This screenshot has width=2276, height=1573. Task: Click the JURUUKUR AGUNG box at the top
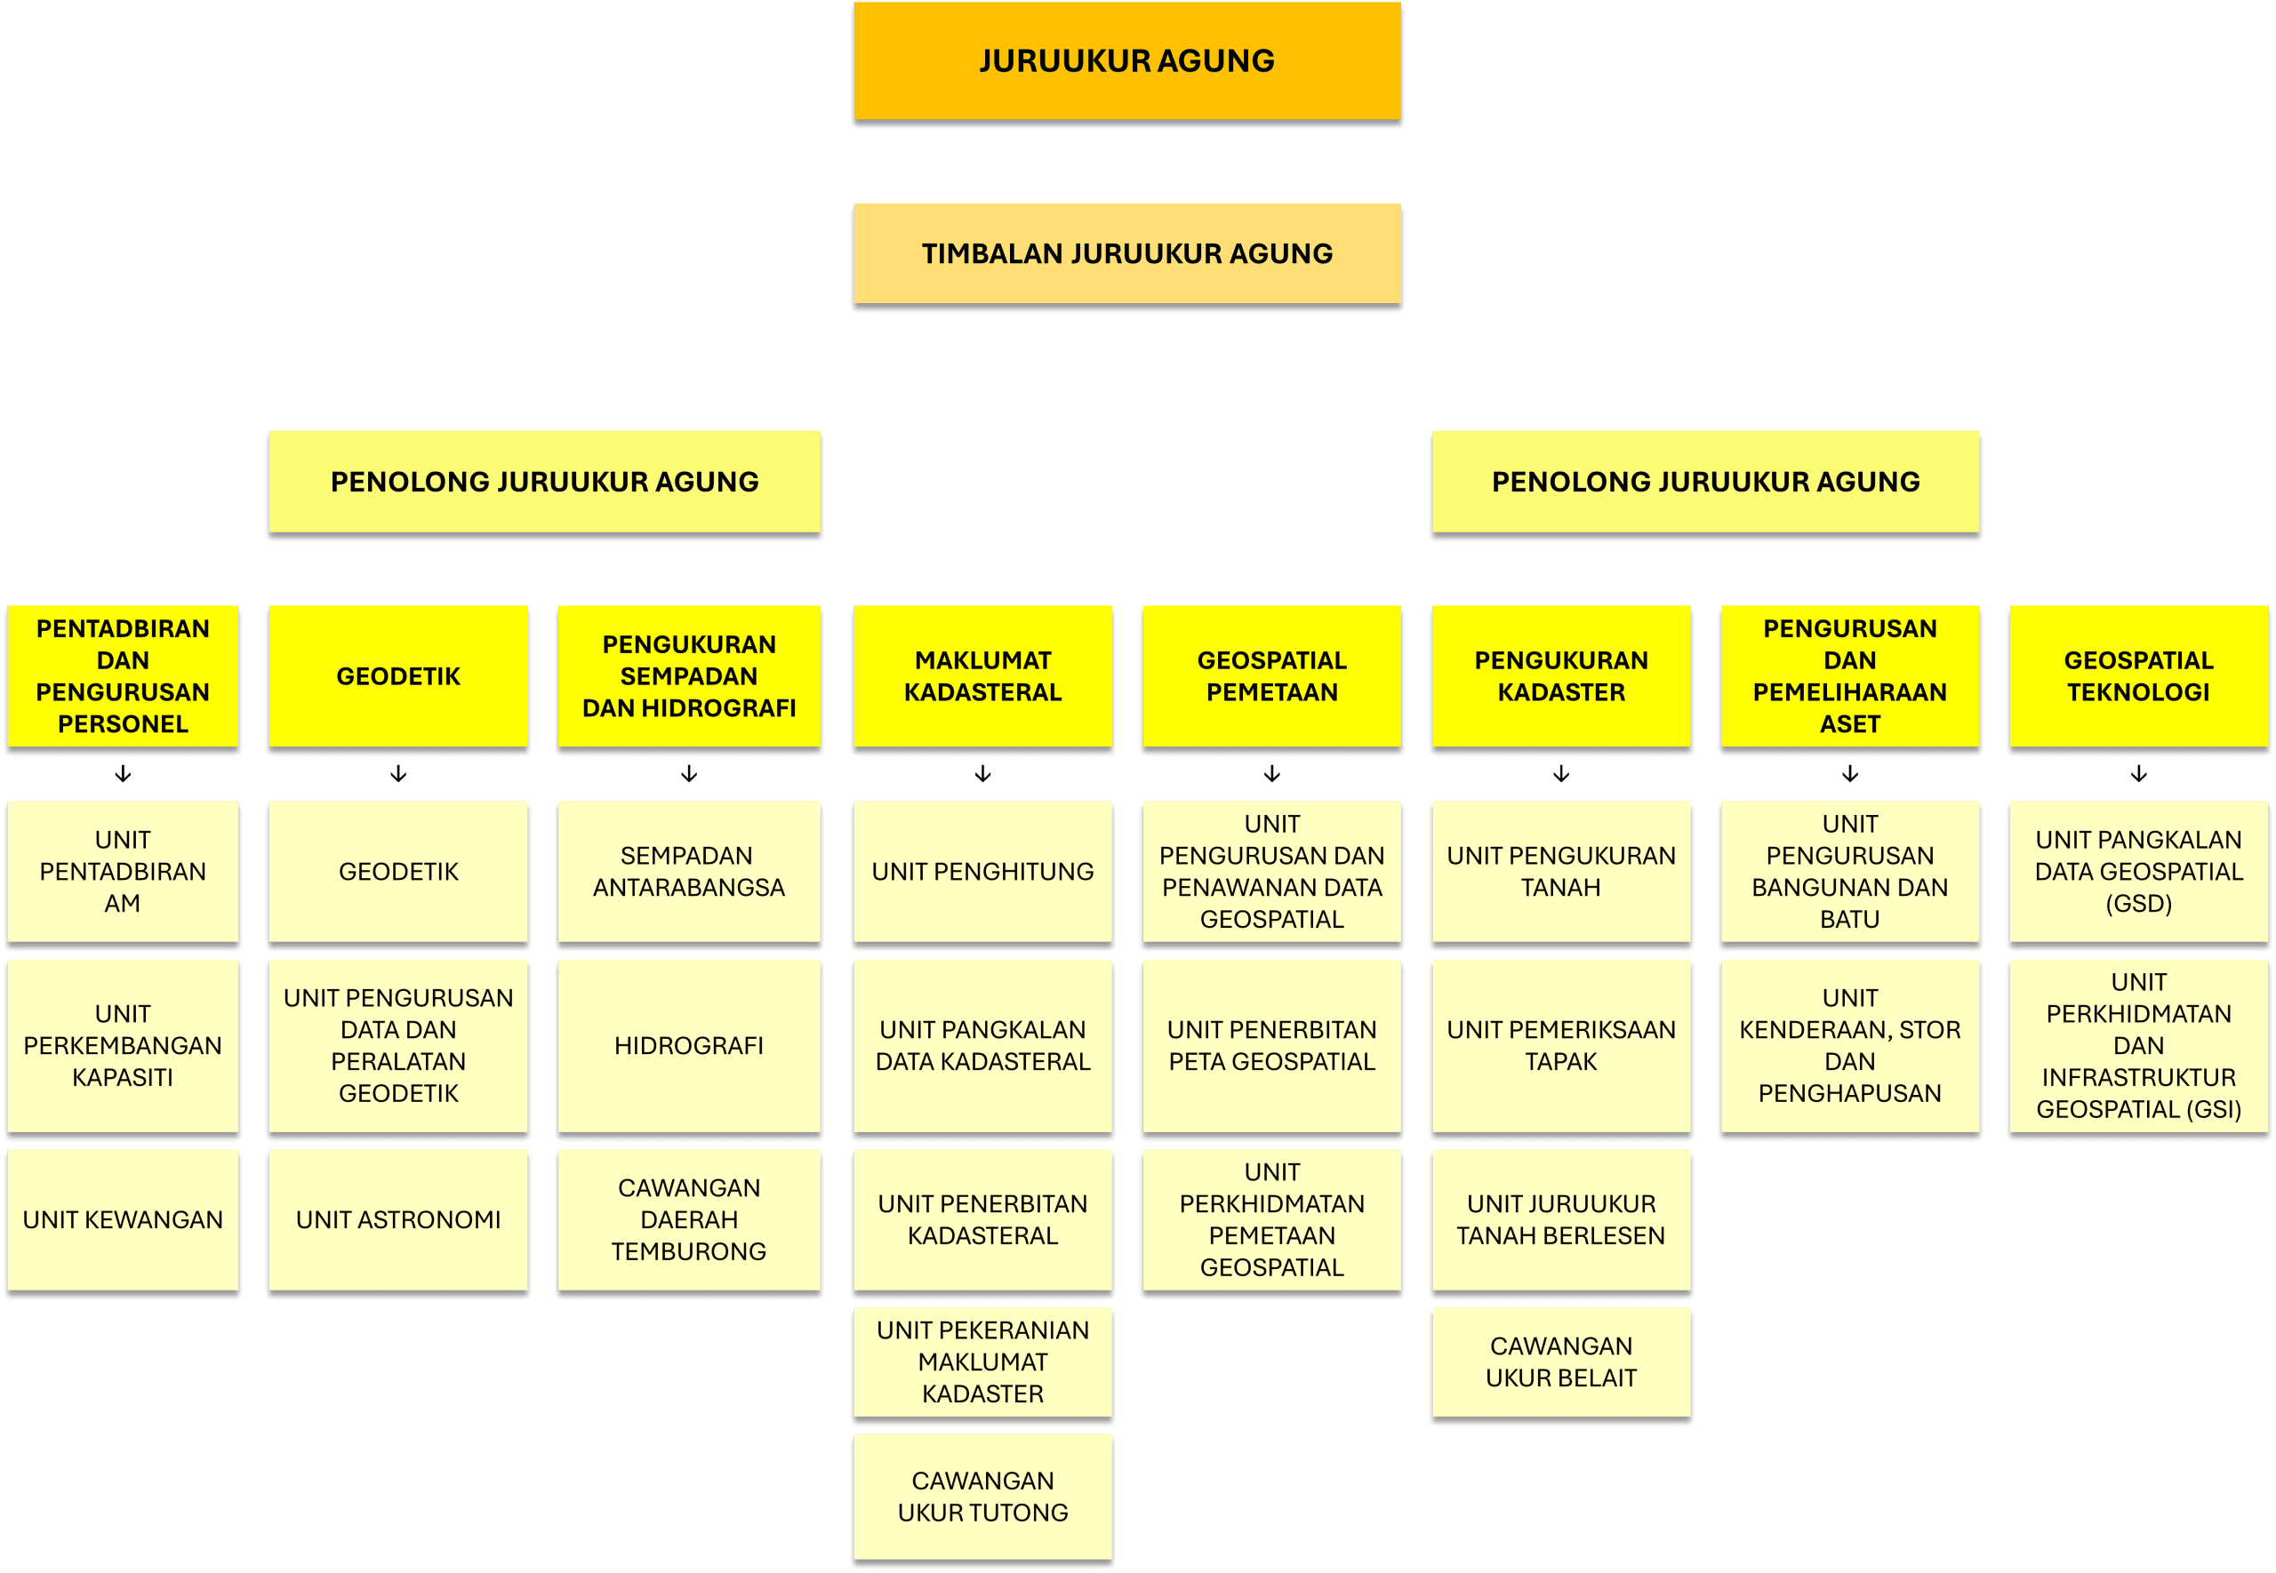point(1126,61)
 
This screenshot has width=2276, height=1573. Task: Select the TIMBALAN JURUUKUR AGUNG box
point(1126,253)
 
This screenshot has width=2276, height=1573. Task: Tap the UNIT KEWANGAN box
point(124,1220)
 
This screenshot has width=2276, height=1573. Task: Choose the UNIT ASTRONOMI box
point(398,1220)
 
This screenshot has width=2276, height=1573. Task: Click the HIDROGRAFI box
point(689,1046)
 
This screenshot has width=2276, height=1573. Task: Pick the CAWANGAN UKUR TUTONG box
point(982,1496)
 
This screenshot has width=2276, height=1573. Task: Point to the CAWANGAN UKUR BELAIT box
point(1561,1362)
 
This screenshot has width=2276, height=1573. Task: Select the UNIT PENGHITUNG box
point(982,871)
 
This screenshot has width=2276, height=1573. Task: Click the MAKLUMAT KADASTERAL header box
point(982,676)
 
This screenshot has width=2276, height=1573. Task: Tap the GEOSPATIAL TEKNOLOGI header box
point(2139,676)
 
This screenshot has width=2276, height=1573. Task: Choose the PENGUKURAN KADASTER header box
point(1561,676)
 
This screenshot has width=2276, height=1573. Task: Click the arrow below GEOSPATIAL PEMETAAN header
point(1272,774)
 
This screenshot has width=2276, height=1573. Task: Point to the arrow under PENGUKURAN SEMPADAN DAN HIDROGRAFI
point(689,774)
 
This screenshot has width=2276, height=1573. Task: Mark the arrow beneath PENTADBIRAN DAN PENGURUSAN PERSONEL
point(124,774)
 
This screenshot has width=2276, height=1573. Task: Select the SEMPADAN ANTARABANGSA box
point(689,871)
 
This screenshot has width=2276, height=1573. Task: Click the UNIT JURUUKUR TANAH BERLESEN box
point(1561,1220)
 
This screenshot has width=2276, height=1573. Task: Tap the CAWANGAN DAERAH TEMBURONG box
point(689,1220)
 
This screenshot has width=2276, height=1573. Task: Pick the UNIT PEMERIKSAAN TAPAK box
point(1561,1046)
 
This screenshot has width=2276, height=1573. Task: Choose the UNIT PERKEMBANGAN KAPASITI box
point(124,1046)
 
